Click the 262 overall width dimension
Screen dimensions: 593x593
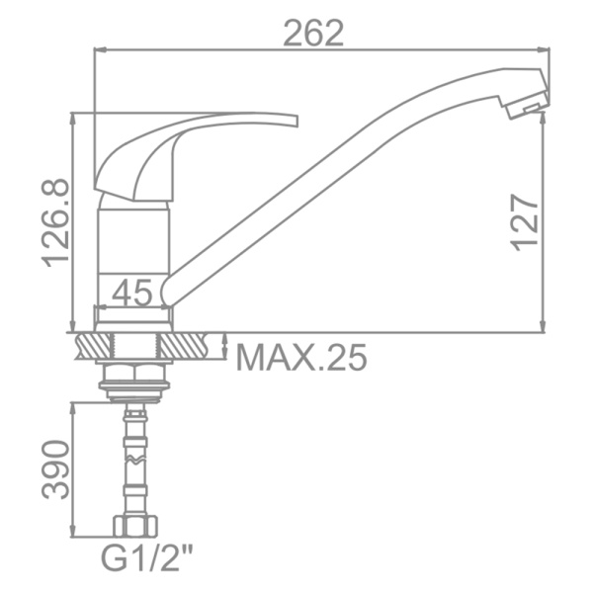313,34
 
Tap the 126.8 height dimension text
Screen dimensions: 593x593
56,223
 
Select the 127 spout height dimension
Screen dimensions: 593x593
525,222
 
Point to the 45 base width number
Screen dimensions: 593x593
132,293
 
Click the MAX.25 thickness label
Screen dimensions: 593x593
301,358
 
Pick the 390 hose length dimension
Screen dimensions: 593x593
56,469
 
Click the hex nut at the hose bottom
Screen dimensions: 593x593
135,526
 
